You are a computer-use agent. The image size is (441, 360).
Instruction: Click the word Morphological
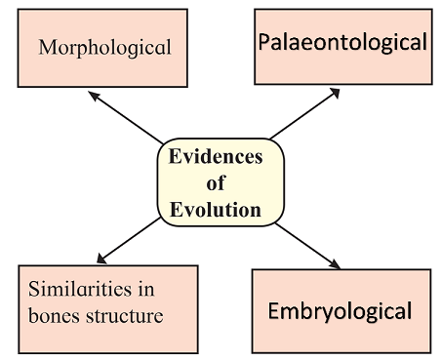pyautogui.click(x=104, y=48)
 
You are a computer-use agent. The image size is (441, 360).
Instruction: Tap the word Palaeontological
pyautogui.click(x=342, y=42)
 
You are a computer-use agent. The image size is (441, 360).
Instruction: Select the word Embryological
pyautogui.click(x=340, y=312)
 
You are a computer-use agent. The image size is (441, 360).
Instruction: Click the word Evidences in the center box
pyautogui.click(x=216, y=156)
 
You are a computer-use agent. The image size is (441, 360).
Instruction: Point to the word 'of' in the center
pyautogui.click(x=216, y=182)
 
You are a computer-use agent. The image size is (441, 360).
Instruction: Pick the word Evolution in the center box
pyautogui.click(x=216, y=210)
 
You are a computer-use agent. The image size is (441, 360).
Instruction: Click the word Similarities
pyautogui.click(x=80, y=289)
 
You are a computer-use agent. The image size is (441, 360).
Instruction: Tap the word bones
pyautogui.click(x=54, y=315)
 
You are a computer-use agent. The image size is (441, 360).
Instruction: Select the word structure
pyautogui.click(x=125, y=316)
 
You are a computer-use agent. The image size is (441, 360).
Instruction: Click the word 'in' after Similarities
pyautogui.click(x=146, y=289)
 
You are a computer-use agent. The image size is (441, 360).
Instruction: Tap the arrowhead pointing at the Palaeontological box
pyautogui.click(x=335, y=93)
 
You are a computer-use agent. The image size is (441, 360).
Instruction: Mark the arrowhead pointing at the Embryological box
pyautogui.click(x=335, y=264)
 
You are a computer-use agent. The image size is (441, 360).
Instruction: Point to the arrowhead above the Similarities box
pyautogui.click(x=101, y=259)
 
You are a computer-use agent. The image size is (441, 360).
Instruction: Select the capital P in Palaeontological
pyautogui.click(x=264, y=42)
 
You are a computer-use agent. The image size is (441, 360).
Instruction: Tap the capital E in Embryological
pyautogui.click(x=274, y=311)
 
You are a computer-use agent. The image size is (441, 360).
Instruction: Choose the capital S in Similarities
pyautogui.click(x=34, y=289)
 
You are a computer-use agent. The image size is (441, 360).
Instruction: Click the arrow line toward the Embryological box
pyautogui.click(x=307, y=246)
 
